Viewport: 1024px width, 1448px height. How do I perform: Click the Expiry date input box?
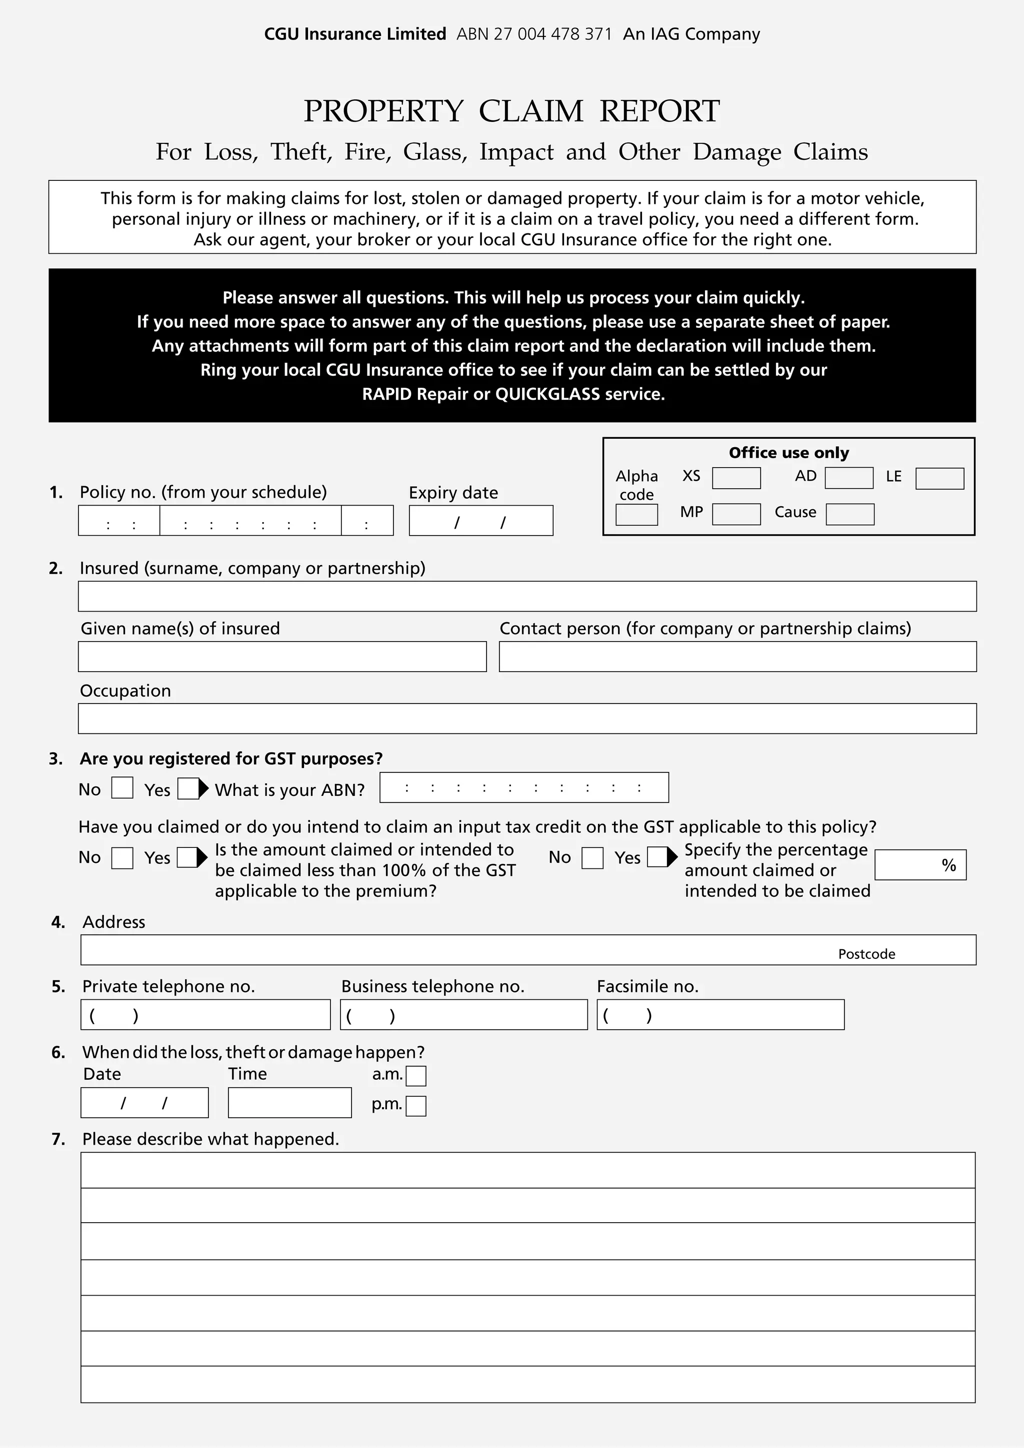pyautogui.click(x=481, y=520)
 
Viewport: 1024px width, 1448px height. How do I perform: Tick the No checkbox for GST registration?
pyautogui.click(x=122, y=787)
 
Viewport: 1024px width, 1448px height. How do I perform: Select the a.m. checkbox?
pyautogui.click(x=416, y=1076)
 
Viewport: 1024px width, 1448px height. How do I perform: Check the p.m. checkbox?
pyautogui.click(x=416, y=1106)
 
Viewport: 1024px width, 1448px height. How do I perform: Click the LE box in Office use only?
pyautogui.click(x=939, y=478)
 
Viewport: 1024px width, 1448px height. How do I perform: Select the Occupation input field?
pyautogui.click(x=527, y=719)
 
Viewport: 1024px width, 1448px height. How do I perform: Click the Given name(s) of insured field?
pyautogui.click(x=282, y=657)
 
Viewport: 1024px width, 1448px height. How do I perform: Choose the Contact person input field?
pyautogui.click(x=737, y=657)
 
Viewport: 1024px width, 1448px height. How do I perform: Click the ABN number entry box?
pyautogui.click(x=523, y=787)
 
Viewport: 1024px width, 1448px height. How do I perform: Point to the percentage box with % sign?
pyautogui.click(x=919, y=864)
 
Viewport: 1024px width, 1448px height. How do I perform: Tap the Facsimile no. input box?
pyautogui.click(x=720, y=1015)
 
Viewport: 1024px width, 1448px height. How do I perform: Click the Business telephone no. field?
pyautogui.click(x=463, y=1015)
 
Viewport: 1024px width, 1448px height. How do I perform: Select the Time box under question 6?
pyautogui.click(x=289, y=1102)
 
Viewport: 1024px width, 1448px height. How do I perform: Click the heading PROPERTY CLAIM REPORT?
pyautogui.click(x=511, y=111)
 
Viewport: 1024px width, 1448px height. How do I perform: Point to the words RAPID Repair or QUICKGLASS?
pyautogui.click(x=513, y=394)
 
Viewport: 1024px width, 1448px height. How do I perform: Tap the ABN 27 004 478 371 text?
pyautogui.click(x=534, y=34)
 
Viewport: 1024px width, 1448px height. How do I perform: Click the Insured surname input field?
pyautogui.click(x=527, y=596)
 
